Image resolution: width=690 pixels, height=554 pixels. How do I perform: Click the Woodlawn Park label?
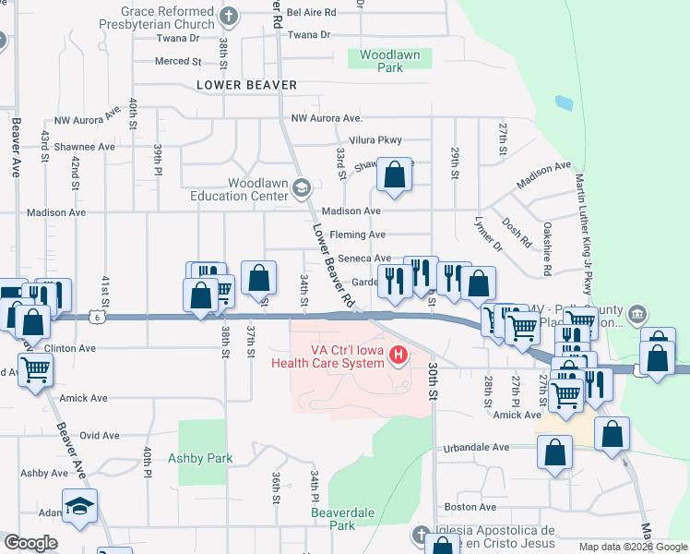[389, 61]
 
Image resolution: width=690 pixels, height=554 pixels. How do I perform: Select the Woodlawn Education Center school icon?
[301, 189]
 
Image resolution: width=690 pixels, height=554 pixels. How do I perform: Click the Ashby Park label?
[200, 458]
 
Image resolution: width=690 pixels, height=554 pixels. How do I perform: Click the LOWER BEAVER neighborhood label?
[246, 85]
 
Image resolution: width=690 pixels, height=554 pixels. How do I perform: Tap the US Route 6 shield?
[98, 317]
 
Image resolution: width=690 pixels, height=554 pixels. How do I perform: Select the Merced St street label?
[178, 62]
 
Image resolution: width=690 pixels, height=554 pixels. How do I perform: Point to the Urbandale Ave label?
[475, 448]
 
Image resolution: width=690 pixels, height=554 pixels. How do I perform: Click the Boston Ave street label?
[470, 507]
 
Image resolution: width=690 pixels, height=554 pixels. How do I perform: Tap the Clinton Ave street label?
[70, 349]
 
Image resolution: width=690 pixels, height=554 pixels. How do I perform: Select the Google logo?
[30, 543]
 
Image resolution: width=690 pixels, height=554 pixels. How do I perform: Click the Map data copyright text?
[632, 547]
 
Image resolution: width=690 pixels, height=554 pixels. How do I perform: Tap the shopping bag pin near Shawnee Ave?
[395, 175]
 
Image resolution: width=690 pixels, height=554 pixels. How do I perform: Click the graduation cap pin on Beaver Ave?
[80, 506]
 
